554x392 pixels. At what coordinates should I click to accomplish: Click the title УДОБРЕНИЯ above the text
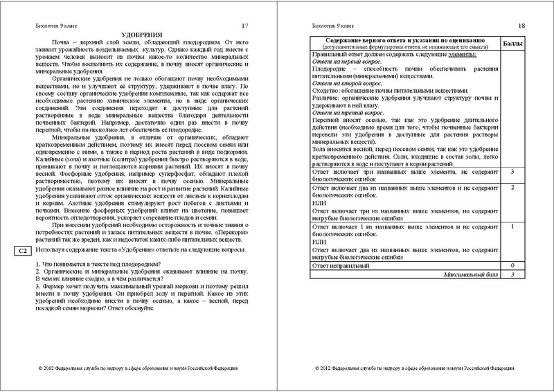(141, 34)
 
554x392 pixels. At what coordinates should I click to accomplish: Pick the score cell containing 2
(510, 187)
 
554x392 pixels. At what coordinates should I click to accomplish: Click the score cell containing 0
(510, 265)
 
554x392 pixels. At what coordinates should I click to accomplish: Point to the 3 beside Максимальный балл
(510, 274)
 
